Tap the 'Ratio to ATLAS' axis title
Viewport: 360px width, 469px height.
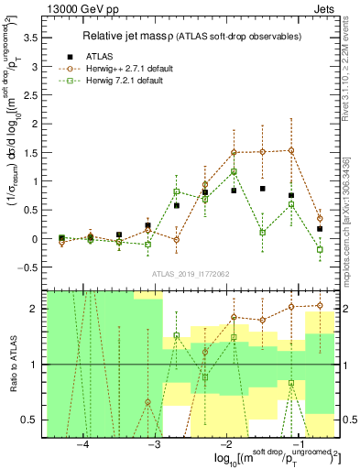click(x=10, y=364)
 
